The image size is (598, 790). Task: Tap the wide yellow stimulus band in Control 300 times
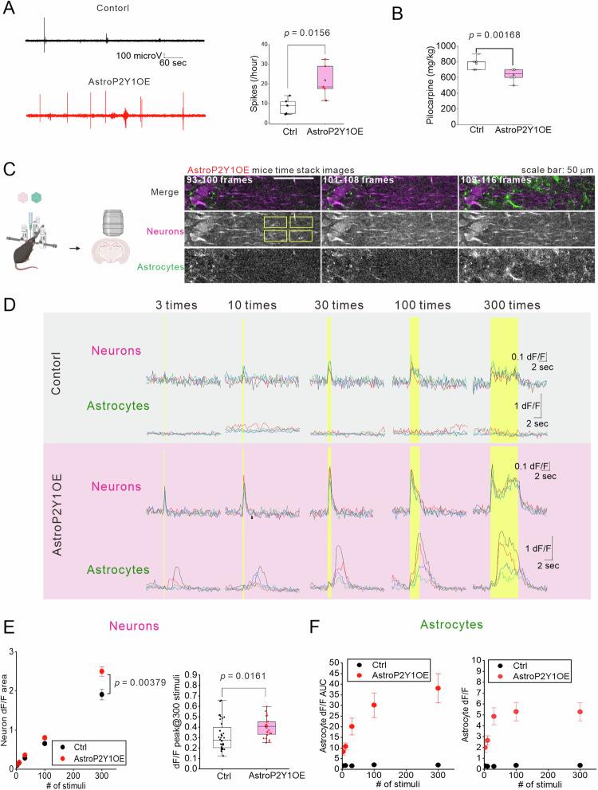(504, 383)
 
